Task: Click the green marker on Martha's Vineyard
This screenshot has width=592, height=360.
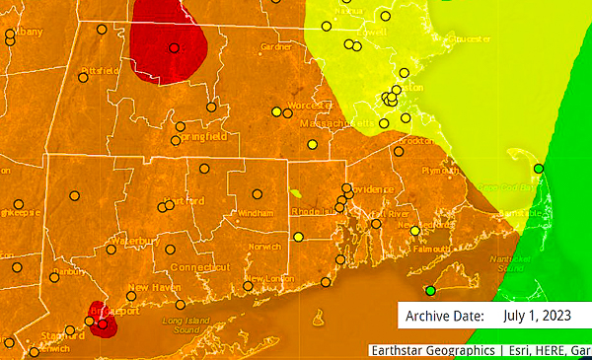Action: [429, 290]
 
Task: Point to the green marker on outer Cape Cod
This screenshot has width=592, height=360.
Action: [538, 169]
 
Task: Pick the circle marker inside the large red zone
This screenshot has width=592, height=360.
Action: [174, 47]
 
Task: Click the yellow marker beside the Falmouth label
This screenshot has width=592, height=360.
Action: [415, 231]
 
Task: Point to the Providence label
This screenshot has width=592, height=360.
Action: [372, 188]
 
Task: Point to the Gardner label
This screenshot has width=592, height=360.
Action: [277, 46]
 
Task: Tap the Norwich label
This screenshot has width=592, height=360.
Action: [264, 246]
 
